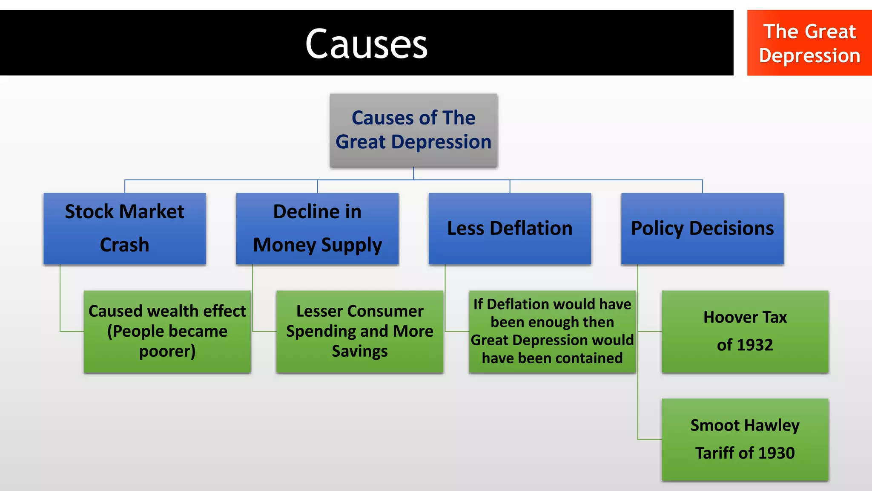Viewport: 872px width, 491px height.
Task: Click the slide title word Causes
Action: [x=366, y=44]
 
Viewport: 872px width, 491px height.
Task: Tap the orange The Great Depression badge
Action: [x=809, y=43]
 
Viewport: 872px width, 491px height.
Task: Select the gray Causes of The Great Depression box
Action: [x=413, y=130]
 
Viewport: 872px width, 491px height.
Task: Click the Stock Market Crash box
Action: [x=125, y=228]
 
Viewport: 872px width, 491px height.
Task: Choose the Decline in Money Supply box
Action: [x=317, y=228]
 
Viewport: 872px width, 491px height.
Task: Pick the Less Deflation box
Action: [x=510, y=228]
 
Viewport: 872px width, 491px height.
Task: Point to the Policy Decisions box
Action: [x=702, y=228]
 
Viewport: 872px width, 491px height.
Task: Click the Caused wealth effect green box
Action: [x=167, y=331]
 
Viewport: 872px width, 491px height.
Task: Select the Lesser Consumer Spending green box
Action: [x=360, y=331]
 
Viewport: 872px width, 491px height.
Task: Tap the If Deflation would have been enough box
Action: [x=552, y=331]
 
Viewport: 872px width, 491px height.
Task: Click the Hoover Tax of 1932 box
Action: [x=745, y=331]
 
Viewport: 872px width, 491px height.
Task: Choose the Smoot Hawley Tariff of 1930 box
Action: [x=745, y=439]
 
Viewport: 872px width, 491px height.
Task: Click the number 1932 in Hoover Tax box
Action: [x=755, y=345]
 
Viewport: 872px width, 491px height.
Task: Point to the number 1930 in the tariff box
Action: [x=777, y=453]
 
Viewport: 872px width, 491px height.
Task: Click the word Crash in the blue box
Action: [x=124, y=245]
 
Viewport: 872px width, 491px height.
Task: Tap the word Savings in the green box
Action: [x=360, y=351]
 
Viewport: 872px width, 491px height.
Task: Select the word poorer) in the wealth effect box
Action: [x=167, y=351]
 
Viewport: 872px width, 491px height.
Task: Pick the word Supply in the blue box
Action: [x=351, y=245]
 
